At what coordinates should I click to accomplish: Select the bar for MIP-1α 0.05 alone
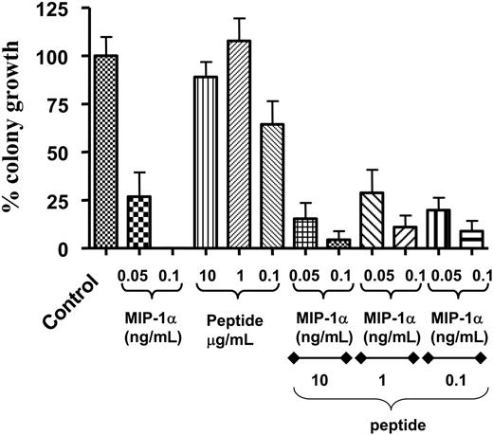point(138,223)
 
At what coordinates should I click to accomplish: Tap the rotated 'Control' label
point(87,294)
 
